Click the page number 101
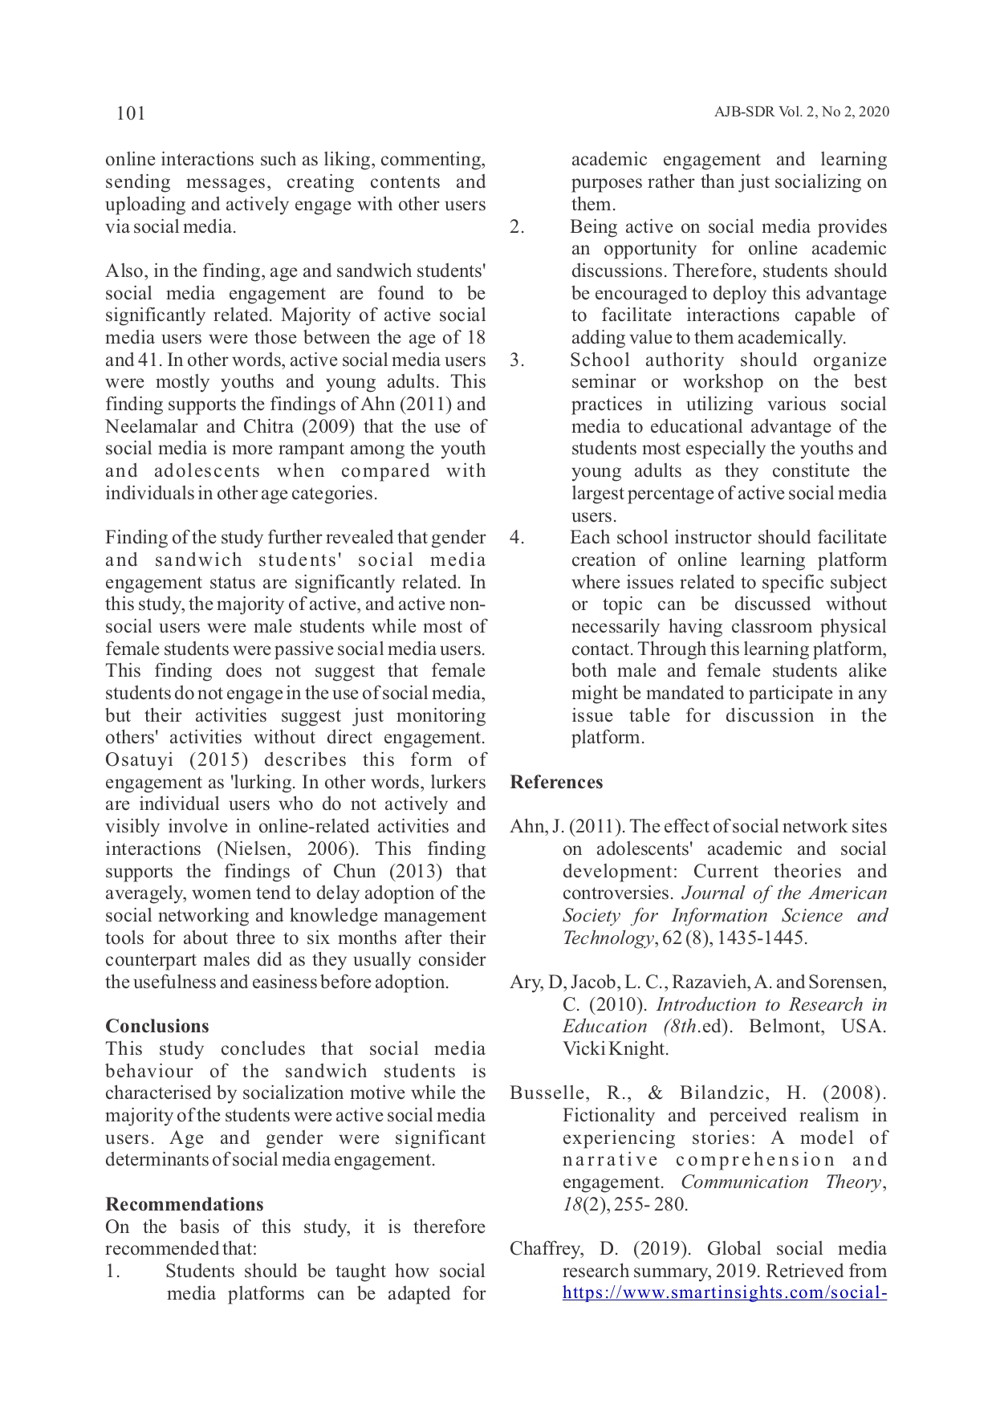tap(131, 113)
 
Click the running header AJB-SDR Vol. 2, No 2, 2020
tap(801, 112)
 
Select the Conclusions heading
tap(157, 1027)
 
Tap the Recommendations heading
tap(185, 1204)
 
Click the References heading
tap(556, 783)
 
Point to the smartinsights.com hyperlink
tap(724, 1293)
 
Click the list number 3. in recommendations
tap(517, 360)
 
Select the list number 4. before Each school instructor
tap(517, 538)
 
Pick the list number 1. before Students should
tap(113, 1272)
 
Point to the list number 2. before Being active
tap(517, 227)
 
